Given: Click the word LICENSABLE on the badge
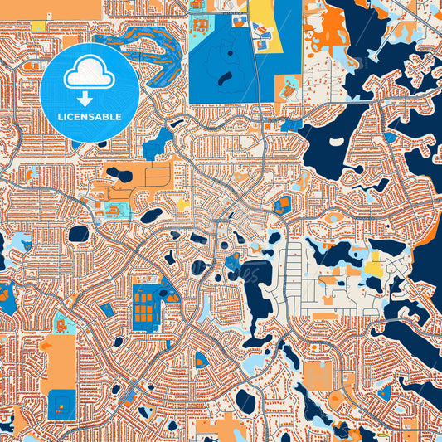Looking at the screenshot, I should pyautogui.click(x=90, y=116).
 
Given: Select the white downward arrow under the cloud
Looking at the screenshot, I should pyautogui.click(x=90, y=98).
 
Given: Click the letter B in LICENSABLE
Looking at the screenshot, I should pyautogui.click(x=112, y=116).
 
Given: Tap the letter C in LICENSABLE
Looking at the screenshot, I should pyautogui.click(x=70, y=116).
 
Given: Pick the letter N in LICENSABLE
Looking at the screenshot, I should pyautogui.click(x=86, y=116).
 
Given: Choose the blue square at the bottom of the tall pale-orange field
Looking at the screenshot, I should pyautogui.click(x=61, y=404).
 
